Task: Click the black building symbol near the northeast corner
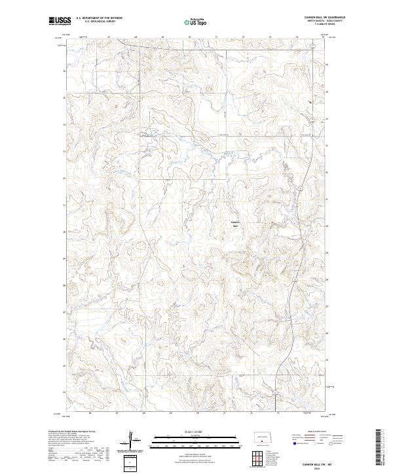[310, 101]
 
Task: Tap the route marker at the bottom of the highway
[276, 392]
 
